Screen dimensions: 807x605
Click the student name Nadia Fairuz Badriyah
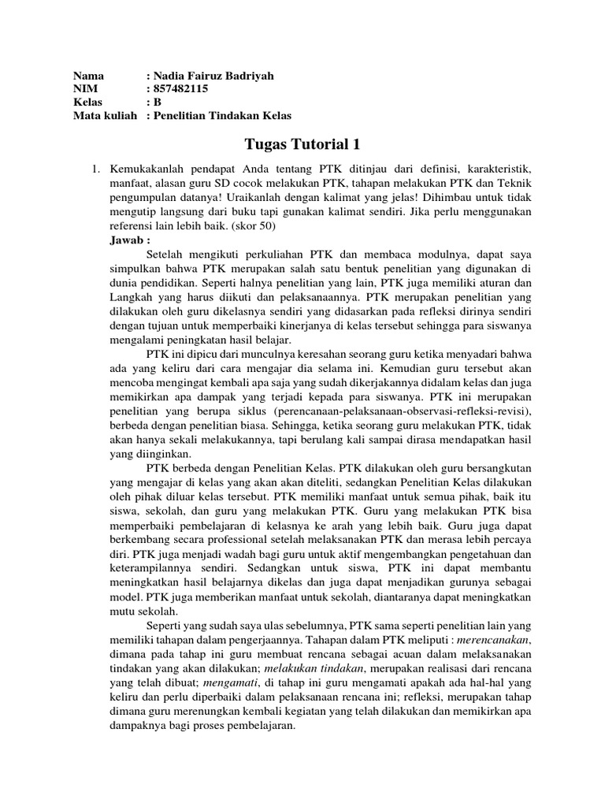click(x=213, y=76)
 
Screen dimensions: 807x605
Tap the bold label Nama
click(x=88, y=76)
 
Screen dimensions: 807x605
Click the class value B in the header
click(x=158, y=102)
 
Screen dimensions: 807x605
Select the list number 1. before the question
click(x=96, y=170)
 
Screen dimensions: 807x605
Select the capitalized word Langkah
click(x=132, y=298)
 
